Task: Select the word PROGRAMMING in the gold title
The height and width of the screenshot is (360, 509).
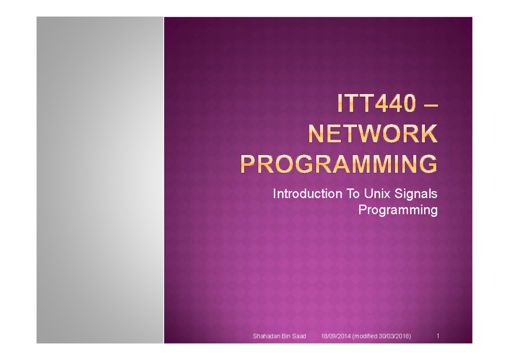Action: click(x=339, y=164)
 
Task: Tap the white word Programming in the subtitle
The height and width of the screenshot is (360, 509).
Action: click(x=397, y=210)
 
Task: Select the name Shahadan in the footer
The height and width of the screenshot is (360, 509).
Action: click(x=266, y=337)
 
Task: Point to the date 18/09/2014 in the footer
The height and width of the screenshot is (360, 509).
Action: click(x=333, y=337)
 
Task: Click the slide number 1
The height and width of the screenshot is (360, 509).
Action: click(x=437, y=336)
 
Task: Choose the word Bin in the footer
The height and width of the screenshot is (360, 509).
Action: click(x=285, y=337)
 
